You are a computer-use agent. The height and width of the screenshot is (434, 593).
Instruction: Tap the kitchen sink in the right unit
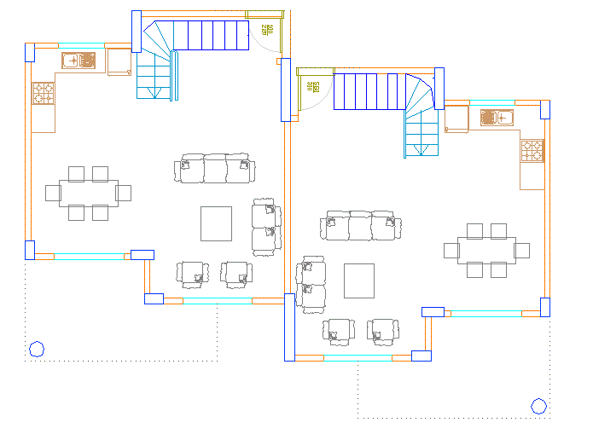tap(493, 118)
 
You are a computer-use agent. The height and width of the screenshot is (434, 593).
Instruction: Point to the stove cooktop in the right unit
tap(532, 151)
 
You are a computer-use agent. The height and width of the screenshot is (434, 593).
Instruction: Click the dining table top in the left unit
tap(89, 193)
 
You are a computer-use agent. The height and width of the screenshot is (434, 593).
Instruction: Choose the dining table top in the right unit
tap(486, 251)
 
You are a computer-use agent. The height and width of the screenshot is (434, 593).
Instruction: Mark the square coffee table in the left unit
tap(216, 223)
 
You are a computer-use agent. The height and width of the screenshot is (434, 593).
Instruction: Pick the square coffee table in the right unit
tap(359, 281)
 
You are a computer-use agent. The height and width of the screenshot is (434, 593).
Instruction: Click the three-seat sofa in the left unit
tap(215, 169)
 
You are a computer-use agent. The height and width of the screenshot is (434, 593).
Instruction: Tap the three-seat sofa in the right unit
tap(360, 227)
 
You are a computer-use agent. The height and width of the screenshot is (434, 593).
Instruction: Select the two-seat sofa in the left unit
tap(265, 226)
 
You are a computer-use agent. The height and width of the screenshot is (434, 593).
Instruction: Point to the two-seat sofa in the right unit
tap(311, 284)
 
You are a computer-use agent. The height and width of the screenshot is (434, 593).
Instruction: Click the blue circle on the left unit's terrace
tap(37, 348)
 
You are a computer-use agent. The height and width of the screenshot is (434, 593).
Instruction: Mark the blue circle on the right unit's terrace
tap(538, 406)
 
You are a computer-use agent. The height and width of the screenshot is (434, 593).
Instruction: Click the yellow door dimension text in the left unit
tap(268, 30)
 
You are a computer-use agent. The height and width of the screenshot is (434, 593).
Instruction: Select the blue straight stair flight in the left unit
tap(211, 37)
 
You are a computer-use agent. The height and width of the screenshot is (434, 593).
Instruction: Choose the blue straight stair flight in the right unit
tap(369, 91)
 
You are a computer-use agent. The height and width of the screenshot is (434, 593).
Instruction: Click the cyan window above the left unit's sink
tap(81, 44)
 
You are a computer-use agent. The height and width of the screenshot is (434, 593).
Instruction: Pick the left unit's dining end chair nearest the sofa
tap(124, 192)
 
